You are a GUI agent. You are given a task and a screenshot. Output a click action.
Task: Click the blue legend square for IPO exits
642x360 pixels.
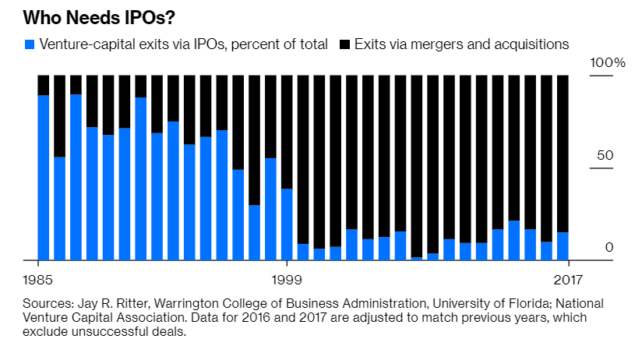click(30, 44)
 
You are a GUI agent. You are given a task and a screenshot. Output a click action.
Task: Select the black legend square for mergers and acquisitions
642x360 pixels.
click(344, 44)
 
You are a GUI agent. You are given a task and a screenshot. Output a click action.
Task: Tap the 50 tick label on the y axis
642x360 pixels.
click(605, 154)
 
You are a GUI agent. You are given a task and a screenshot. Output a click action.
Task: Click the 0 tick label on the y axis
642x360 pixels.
click(609, 247)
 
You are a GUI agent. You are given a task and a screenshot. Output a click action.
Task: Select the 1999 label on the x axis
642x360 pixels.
click(287, 278)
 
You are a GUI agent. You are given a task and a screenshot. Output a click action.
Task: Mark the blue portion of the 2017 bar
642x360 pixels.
click(563, 246)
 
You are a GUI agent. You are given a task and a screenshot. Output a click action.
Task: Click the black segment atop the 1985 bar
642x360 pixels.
click(44, 85)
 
